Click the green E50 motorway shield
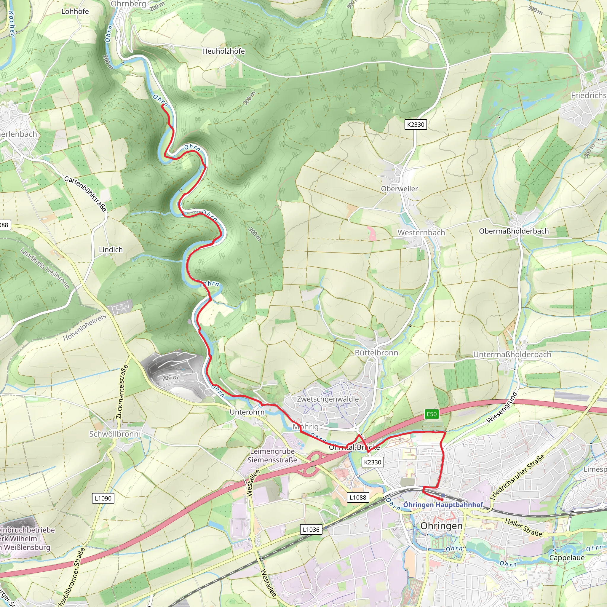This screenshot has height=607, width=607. coord(431,414)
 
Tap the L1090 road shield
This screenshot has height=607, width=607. coord(103,498)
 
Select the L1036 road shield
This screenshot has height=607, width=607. coord(311,530)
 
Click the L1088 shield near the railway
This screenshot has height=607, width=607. coord(358,497)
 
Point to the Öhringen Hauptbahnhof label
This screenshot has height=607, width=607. coord(443,505)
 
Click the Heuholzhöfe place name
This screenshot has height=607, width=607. coord(223,51)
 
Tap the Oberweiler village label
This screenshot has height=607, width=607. coord(399,189)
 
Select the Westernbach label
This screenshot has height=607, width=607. coord(421,233)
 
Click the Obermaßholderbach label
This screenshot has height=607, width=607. coord(514,231)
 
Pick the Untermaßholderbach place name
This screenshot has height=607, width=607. coord(512,355)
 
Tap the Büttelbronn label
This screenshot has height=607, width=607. coord(376,353)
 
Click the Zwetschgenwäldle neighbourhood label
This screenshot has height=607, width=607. coord(328,399)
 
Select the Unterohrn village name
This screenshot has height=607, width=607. coord(247,412)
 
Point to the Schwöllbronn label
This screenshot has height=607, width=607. coord(114,434)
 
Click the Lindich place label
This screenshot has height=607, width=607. coord(111,250)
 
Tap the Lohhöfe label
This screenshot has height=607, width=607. coord(75,12)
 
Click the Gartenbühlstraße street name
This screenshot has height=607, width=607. coord(85,194)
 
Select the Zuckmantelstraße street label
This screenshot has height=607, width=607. coord(122,392)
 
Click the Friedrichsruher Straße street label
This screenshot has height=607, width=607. coord(517,477)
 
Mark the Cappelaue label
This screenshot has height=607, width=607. coord(567,558)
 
